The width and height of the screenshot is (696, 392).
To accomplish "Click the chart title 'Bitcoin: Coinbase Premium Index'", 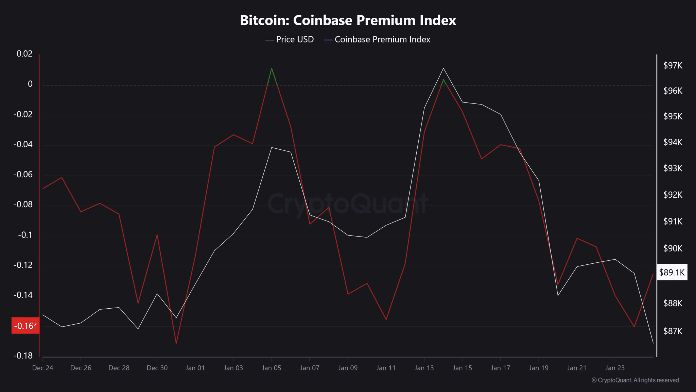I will pos(348,20).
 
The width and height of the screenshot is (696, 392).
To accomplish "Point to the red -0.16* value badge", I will pos(25,326).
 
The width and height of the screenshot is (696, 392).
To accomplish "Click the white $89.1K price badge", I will pos(672,272).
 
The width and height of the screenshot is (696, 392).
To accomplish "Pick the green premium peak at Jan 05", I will pos(272,68).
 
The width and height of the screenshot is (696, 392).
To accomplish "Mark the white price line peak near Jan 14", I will pos(443,68).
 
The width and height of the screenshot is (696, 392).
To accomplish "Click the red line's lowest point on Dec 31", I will pos(176,343).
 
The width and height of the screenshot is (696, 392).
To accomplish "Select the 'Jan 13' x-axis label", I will pos(424,368).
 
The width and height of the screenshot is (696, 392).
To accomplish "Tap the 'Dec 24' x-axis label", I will pos(42,368).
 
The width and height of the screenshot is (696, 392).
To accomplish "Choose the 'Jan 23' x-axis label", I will pos(615,368).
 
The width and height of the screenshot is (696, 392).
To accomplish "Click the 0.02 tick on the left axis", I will pos(25,54).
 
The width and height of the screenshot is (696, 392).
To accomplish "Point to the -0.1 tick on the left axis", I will pos(25,235).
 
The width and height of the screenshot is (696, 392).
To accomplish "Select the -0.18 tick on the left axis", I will pos(23,356).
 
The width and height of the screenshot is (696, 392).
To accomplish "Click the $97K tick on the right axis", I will pos(673,65).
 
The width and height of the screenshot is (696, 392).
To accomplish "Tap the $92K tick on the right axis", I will pos(673,195).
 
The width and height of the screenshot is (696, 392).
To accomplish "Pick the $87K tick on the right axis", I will pos(673,331).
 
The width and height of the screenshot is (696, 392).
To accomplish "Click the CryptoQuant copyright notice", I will pos(635,380).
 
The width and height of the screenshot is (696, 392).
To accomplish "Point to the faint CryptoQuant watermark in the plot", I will pos(348,203).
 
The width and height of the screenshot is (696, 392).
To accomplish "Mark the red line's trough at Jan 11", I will pos(386,320).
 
